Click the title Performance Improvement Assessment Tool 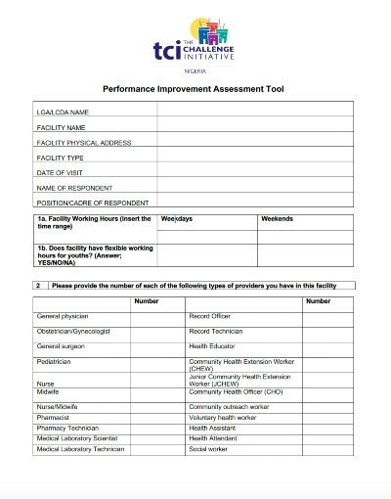click(195, 89)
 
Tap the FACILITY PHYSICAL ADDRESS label click(84, 143)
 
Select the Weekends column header click(277, 218)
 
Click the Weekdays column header click(178, 218)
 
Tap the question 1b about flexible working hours click(94, 255)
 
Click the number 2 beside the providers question click(38, 286)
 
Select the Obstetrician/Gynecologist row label click(73, 331)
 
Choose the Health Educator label click(212, 345)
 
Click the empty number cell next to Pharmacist click(157, 417)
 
